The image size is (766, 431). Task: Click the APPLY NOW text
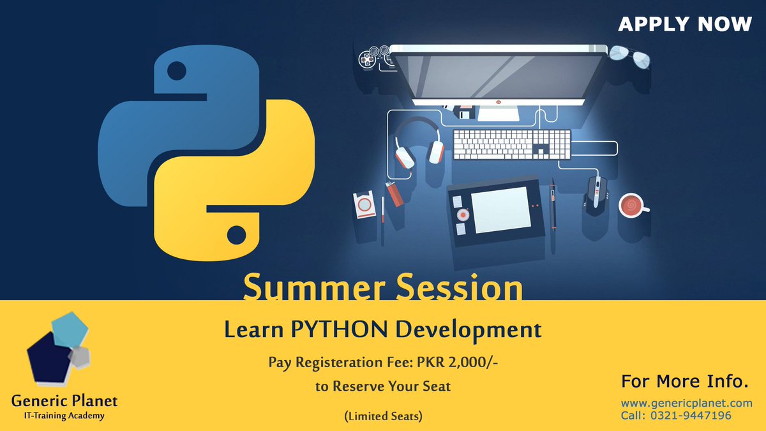[x=685, y=24]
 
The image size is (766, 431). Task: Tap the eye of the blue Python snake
[x=177, y=72]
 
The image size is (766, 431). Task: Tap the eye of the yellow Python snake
[x=236, y=234]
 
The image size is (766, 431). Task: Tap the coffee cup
[x=632, y=204]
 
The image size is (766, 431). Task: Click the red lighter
[x=394, y=193]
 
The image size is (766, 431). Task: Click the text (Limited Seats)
[x=383, y=416]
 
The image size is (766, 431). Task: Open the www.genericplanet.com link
[x=686, y=403]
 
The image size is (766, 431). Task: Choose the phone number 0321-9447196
[x=695, y=416]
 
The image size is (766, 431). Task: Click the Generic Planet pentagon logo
[x=57, y=350]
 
